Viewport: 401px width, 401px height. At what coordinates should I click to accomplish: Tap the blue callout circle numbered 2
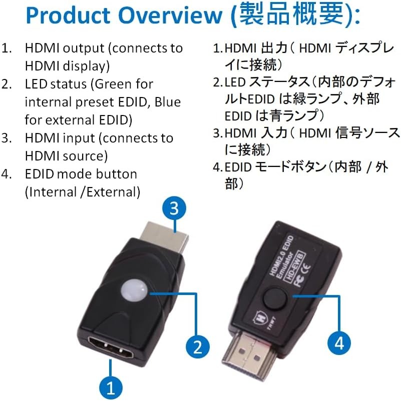tap(197, 345)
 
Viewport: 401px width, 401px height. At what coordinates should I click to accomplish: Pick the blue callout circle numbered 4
tap(339, 343)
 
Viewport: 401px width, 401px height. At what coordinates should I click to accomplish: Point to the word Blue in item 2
tap(168, 102)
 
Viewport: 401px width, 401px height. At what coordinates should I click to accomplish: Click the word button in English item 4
tap(117, 174)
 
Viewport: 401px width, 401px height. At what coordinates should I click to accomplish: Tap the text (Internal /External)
tap(83, 192)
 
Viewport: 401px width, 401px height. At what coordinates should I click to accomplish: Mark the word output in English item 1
tap(81, 48)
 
